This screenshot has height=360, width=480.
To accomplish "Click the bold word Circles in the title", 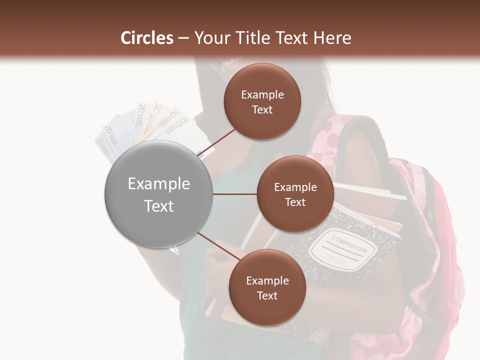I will (x=146, y=38).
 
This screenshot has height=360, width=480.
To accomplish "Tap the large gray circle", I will (x=158, y=194).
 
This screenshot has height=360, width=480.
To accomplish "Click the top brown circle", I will (x=262, y=101).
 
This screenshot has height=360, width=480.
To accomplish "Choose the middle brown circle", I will (x=295, y=194).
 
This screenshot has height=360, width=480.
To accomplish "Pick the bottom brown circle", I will (x=267, y=287).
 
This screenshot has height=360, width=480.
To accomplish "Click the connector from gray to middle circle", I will (x=234, y=194).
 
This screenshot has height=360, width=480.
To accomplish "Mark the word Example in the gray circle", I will (x=158, y=183).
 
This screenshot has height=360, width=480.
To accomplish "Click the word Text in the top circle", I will (x=262, y=109).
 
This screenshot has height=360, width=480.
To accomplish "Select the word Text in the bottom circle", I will (x=267, y=295).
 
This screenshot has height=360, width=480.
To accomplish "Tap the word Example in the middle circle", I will (x=295, y=187).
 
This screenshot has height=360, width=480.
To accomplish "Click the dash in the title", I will (x=183, y=38).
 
